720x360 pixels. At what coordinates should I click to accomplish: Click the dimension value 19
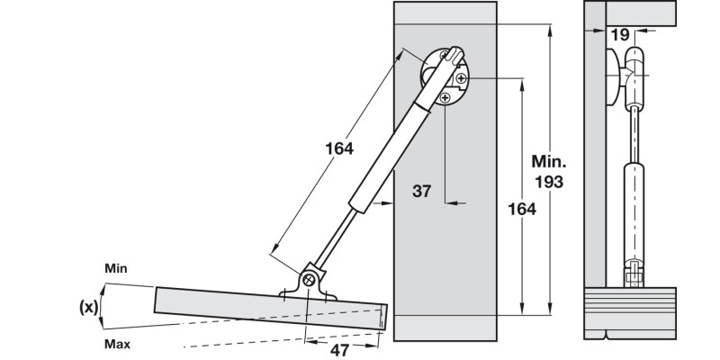618,35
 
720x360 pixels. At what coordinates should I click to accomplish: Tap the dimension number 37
421,191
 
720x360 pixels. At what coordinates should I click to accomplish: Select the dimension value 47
339,349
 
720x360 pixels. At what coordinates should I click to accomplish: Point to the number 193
548,182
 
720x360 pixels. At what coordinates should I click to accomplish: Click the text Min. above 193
548,163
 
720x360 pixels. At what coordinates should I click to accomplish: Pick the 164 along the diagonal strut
337,149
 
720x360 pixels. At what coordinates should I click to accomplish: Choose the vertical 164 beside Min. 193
521,209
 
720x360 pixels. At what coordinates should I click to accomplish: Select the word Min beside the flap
115,268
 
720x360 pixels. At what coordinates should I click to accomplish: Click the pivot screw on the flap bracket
309,279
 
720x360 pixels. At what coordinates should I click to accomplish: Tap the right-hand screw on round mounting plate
461,79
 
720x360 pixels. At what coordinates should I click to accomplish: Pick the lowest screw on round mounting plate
447,99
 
